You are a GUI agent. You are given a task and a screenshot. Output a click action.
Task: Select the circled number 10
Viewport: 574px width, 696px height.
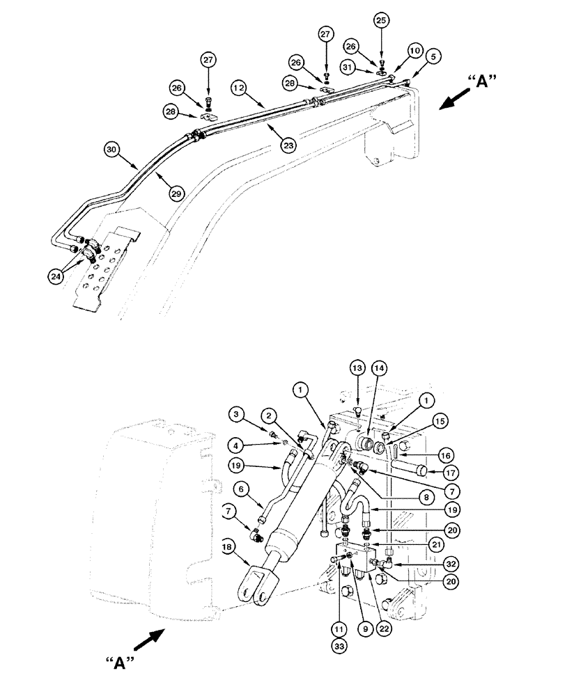pos(415,52)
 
